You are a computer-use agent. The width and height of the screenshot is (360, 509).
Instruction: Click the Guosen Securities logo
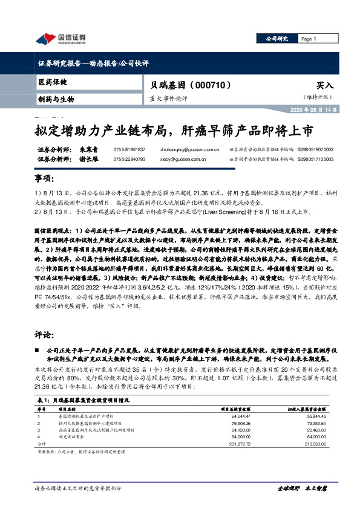point(61,39)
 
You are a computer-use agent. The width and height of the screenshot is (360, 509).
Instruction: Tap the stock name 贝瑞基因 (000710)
point(180,86)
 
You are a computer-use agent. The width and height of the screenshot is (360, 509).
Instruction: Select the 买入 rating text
point(324,86)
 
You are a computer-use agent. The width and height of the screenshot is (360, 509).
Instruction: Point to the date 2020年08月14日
point(328,110)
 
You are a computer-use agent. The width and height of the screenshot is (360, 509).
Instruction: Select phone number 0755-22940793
point(129,159)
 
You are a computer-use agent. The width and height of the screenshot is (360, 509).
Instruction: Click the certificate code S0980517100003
point(332,159)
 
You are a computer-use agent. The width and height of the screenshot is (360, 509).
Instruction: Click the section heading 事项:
point(44,180)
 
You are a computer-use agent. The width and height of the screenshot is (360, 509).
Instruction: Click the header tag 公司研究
point(277,39)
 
